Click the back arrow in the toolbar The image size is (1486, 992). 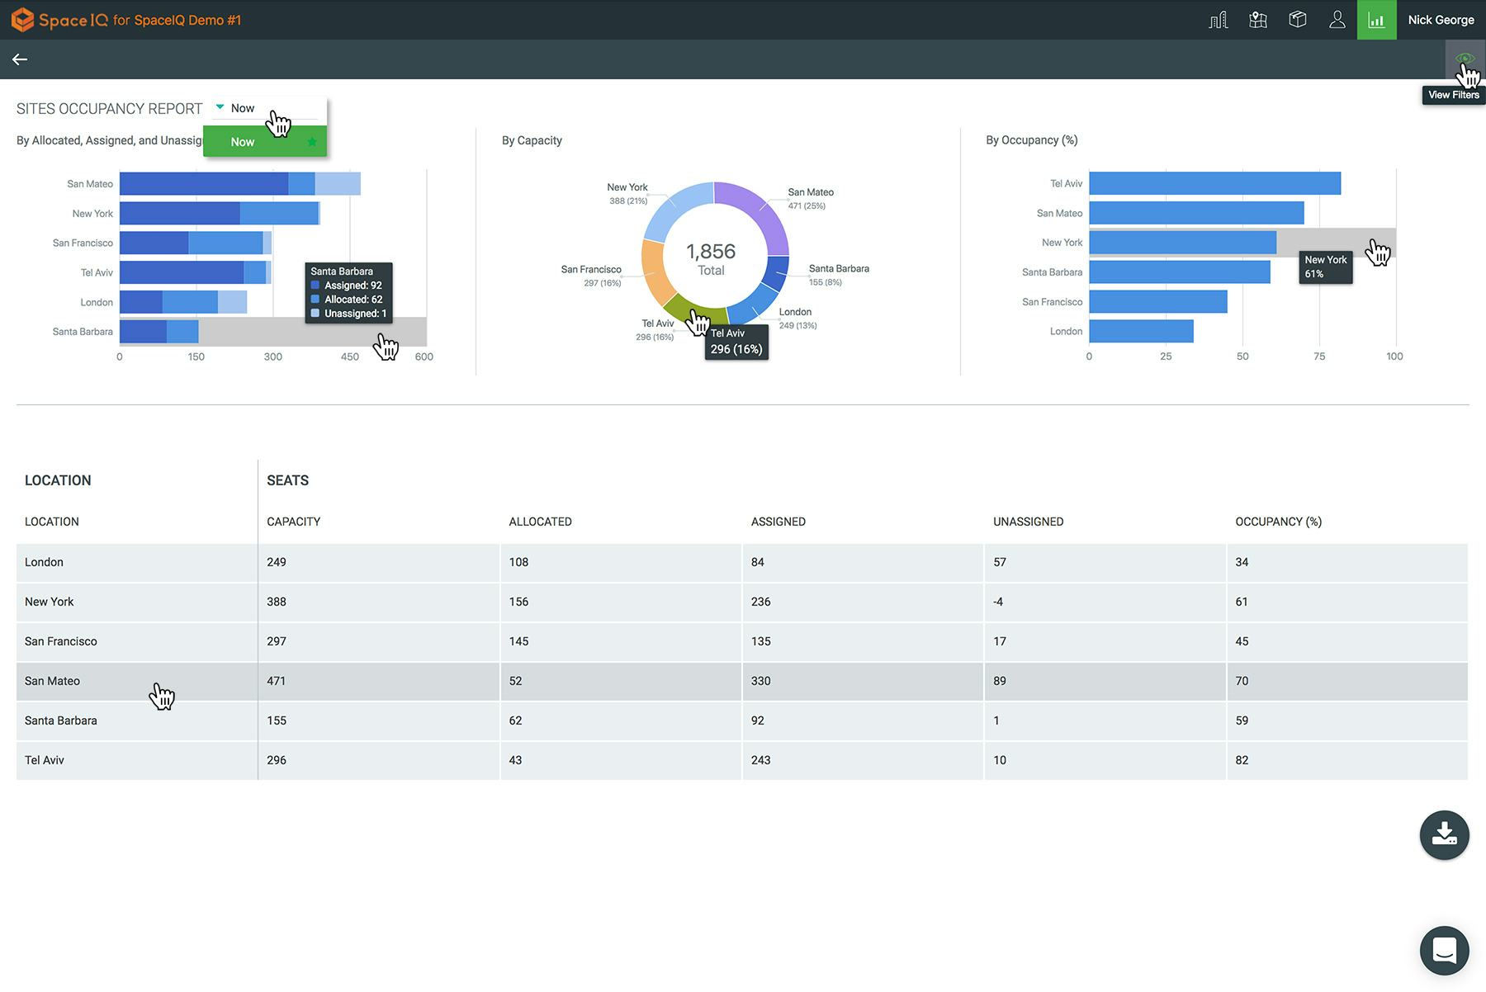click(20, 59)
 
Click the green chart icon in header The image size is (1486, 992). click(1376, 20)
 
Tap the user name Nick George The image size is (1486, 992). click(1441, 20)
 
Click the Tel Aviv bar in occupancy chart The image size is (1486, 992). click(1214, 183)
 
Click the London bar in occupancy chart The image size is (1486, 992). click(1140, 331)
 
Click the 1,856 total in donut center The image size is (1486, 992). click(711, 252)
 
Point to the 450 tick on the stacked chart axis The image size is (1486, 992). click(349, 357)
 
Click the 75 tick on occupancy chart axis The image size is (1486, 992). click(1318, 357)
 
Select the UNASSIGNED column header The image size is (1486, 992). click(1028, 522)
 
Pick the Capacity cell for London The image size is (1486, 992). click(277, 562)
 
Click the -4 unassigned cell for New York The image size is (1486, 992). click(998, 602)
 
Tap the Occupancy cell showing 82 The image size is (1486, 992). click(1242, 760)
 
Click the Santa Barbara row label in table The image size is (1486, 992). click(61, 720)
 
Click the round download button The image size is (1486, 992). click(1444, 834)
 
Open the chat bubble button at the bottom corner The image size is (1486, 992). click(1444, 951)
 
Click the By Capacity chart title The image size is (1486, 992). click(532, 140)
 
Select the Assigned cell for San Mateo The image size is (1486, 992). click(760, 681)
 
